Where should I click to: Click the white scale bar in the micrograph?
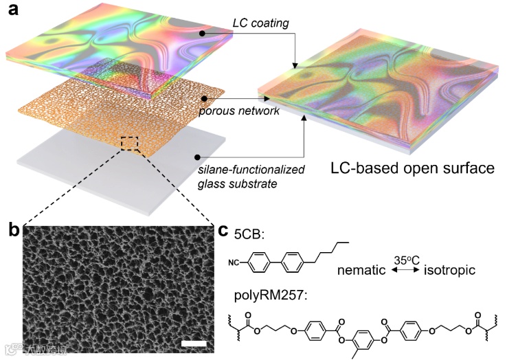click(192, 342)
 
